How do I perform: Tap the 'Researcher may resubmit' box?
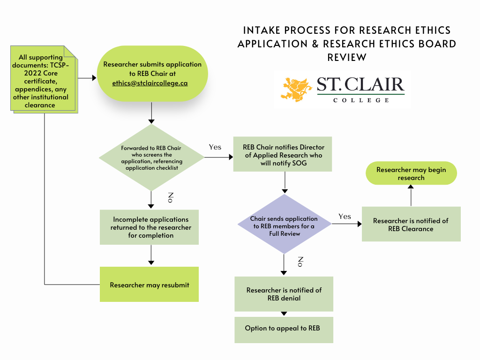point(150,285)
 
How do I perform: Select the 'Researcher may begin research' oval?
point(411,174)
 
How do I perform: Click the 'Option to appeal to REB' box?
point(284,329)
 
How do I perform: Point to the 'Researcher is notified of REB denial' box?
point(284,294)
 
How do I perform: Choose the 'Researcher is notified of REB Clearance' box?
point(411,224)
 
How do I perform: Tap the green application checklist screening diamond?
point(151,158)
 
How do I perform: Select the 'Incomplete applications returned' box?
point(150,227)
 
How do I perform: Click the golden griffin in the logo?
point(298,90)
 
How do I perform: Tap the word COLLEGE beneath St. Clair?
point(361,100)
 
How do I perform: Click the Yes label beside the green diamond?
point(215,147)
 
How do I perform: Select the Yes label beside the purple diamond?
point(345,217)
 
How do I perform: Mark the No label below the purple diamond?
point(300,262)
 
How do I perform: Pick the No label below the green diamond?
point(171,197)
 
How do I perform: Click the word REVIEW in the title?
point(346,57)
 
